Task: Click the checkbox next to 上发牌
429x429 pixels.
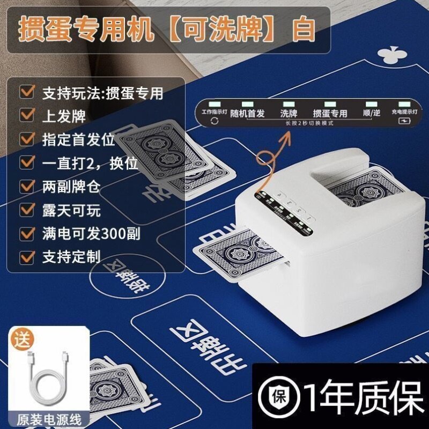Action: click(x=26, y=115)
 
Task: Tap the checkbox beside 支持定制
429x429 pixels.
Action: click(x=26, y=256)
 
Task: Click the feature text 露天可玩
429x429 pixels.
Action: click(x=71, y=210)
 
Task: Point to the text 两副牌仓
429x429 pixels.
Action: click(x=71, y=186)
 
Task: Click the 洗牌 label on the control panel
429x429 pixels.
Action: click(x=289, y=113)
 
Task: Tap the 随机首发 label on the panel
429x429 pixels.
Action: click(x=247, y=113)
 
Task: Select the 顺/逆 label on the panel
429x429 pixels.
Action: click(x=371, y=113)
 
